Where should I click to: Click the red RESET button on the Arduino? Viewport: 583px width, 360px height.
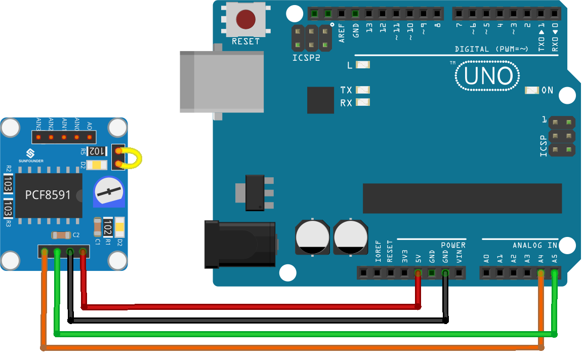245,19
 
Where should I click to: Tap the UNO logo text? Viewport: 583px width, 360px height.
488,76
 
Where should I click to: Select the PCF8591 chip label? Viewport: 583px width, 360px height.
48,195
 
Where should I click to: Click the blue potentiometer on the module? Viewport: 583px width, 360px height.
109,192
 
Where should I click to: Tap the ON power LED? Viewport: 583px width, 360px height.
531,90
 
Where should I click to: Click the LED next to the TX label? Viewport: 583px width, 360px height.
363,90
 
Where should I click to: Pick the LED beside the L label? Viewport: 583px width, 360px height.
363,65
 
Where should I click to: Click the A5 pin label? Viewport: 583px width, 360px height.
555,258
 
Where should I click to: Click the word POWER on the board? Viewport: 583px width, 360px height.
453,245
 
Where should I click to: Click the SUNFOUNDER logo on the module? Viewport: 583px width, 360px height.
30,155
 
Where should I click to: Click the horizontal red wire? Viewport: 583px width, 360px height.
253,306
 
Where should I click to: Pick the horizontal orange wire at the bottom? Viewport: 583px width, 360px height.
294,348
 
